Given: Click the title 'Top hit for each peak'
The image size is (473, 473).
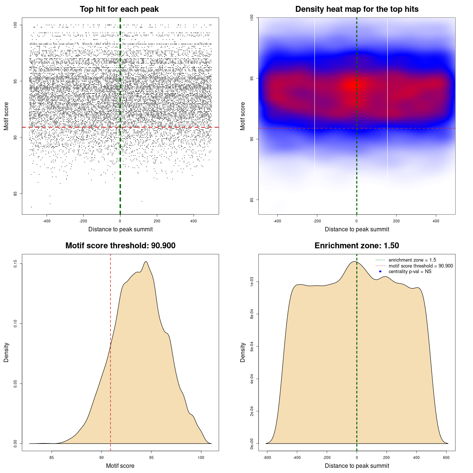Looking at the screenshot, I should [x=119, y=9].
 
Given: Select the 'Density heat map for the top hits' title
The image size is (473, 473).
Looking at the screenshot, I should [x=357, y=9].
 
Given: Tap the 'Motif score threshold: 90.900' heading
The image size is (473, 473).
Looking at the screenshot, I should [x=120, y=246].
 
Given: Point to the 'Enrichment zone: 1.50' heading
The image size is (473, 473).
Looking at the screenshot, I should [x=357, y=246].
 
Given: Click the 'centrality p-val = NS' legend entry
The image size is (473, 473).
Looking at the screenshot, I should [x=410, y=272].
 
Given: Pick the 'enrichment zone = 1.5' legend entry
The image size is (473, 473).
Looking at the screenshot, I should [x=412, y=260].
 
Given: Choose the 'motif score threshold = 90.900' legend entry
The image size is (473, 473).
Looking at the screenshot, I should [x=421, y=266].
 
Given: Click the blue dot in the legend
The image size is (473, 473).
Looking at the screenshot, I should [x=380, y=272].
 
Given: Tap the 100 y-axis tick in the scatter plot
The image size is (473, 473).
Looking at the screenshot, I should [x=16, y=25].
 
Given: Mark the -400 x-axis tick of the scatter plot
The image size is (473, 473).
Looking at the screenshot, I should [x=47, y=221].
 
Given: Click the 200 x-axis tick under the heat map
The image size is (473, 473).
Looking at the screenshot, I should [x=396, y=221].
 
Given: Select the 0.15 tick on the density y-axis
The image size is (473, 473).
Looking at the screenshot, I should [x=16, y=263].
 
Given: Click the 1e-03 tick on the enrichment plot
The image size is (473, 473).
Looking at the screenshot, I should [x=252, y=282].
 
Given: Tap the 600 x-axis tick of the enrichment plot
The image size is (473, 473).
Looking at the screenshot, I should [x=446, y=458].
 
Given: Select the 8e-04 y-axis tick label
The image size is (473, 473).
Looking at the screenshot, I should [x=252, y=314].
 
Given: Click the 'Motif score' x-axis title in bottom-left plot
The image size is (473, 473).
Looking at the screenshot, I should [x=120, y=466].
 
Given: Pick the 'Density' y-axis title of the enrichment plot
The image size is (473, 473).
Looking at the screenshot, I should [x=243, y=352].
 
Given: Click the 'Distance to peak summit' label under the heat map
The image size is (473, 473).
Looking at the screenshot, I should [x=357, y=229].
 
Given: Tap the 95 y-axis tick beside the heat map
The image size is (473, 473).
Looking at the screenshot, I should [x=252, y=78].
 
